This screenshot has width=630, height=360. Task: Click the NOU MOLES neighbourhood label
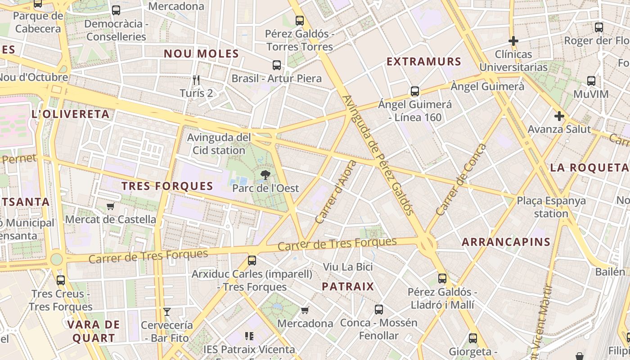pos(201,54)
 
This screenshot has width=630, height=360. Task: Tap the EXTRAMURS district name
pos(424,62)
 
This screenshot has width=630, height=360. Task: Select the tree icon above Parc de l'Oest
pos(265,175)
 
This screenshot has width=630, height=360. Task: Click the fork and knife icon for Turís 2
pos(196,80)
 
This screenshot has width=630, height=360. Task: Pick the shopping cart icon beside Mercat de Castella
pos(110,207)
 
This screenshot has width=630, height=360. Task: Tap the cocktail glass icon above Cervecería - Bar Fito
pos(167,311)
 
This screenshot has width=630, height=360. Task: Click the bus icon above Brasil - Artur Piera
pos(277,65)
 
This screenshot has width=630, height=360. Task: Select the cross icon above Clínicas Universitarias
pos(513,41)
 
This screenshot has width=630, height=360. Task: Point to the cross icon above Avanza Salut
pos(559,116)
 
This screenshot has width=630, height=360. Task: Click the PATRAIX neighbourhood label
pos(348,287)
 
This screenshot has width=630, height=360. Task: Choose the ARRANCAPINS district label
pos(506,242)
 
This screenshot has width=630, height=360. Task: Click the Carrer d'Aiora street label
pos(336,192)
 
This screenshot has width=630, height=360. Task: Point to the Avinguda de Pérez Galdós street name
pos(378,155)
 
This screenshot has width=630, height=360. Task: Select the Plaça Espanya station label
pos(551,207)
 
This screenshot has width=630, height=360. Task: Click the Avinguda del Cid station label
pos(219,144)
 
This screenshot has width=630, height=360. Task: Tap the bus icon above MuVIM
pos(591,81)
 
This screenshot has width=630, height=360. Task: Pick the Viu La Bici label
pos(348,267)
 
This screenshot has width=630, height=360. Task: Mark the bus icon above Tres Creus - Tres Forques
pos(61,280)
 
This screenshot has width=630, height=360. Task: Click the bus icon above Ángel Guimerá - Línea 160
pos(415,91)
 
